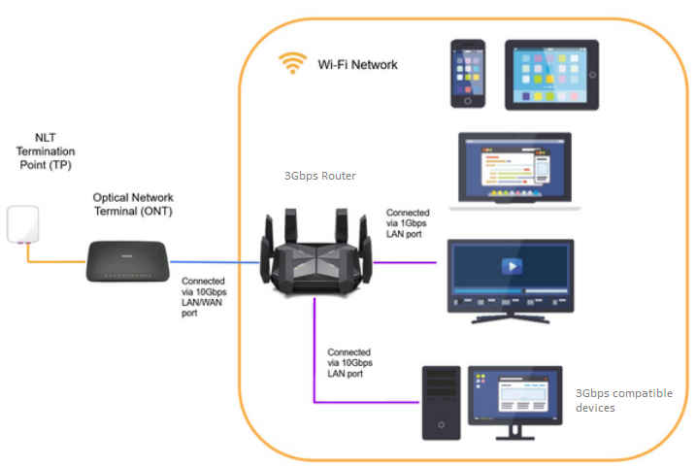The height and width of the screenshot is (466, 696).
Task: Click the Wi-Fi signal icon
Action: tap(292, 63)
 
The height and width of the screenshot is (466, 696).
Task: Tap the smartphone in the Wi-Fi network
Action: tap(468, 73)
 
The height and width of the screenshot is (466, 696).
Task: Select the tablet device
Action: tap(551, 74)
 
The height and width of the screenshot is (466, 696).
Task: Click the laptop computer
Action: tap(514, 171)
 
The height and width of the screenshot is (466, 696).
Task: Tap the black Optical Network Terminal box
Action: tap(127, 260)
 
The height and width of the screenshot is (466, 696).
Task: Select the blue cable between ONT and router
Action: tap(215, 262)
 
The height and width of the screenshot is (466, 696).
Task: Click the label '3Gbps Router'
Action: tap(319, 176)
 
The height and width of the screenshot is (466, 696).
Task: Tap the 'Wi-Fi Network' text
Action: tap(357, 65)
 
